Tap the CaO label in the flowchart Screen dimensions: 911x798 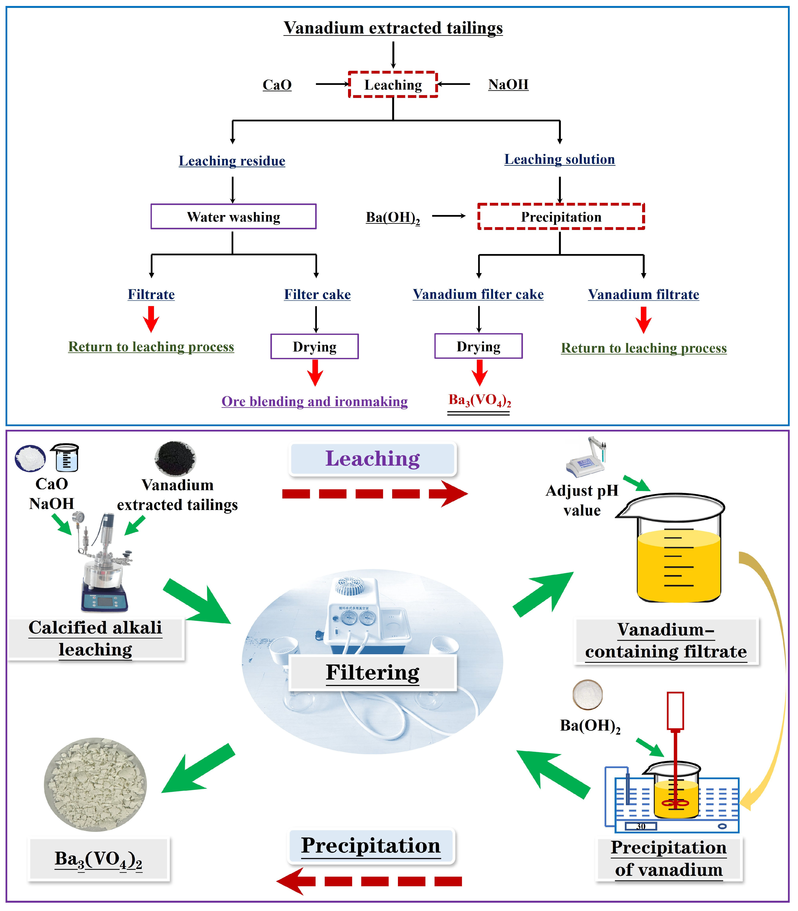click(277, 85)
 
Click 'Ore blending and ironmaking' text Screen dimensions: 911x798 click(314, 401)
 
